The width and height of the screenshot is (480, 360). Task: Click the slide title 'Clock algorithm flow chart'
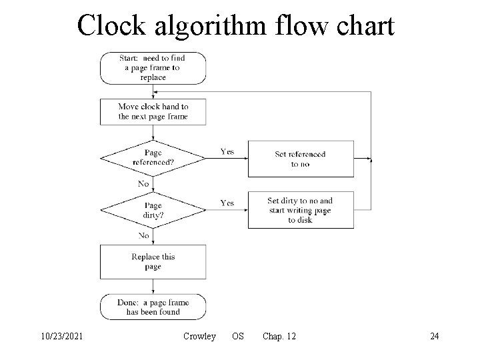click(x=235, y=26)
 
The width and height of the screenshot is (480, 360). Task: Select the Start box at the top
click(x=153, y=68)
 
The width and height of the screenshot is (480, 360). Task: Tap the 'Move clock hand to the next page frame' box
click(x=153, y=111)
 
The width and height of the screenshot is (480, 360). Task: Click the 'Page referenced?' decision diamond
click(x=153, y=158)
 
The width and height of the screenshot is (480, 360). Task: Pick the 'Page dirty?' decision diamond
click(x=153, y=210)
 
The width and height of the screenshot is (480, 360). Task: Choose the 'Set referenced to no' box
click(x=300, y=159)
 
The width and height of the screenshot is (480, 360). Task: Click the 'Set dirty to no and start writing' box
click(x=300, y=210)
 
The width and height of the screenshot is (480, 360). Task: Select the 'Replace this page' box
click(x=153, y=261)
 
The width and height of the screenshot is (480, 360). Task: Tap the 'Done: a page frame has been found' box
click(x=153, y=307)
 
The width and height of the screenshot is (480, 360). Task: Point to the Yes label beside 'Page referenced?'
click(x=227, y=151)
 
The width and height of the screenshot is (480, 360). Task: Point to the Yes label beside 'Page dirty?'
click(x=227, y=203)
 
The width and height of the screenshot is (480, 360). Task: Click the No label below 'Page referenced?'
click(x=143, y=184)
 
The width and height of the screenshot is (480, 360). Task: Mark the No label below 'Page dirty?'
click(x=143, y=235)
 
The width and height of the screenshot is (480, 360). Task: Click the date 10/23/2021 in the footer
click(x=61, y=337)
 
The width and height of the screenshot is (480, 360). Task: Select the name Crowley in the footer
click(x=199, y=337)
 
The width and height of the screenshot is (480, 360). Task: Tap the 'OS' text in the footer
click(x=237, y=337)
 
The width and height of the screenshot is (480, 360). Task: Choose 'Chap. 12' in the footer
click(x=279, y=337)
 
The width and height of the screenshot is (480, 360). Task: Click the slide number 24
click(x=434, y=337)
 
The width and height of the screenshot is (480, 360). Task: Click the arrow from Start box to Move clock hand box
click(x=153, y=91)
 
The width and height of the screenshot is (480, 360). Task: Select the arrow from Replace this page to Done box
click(x=153, y=287)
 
